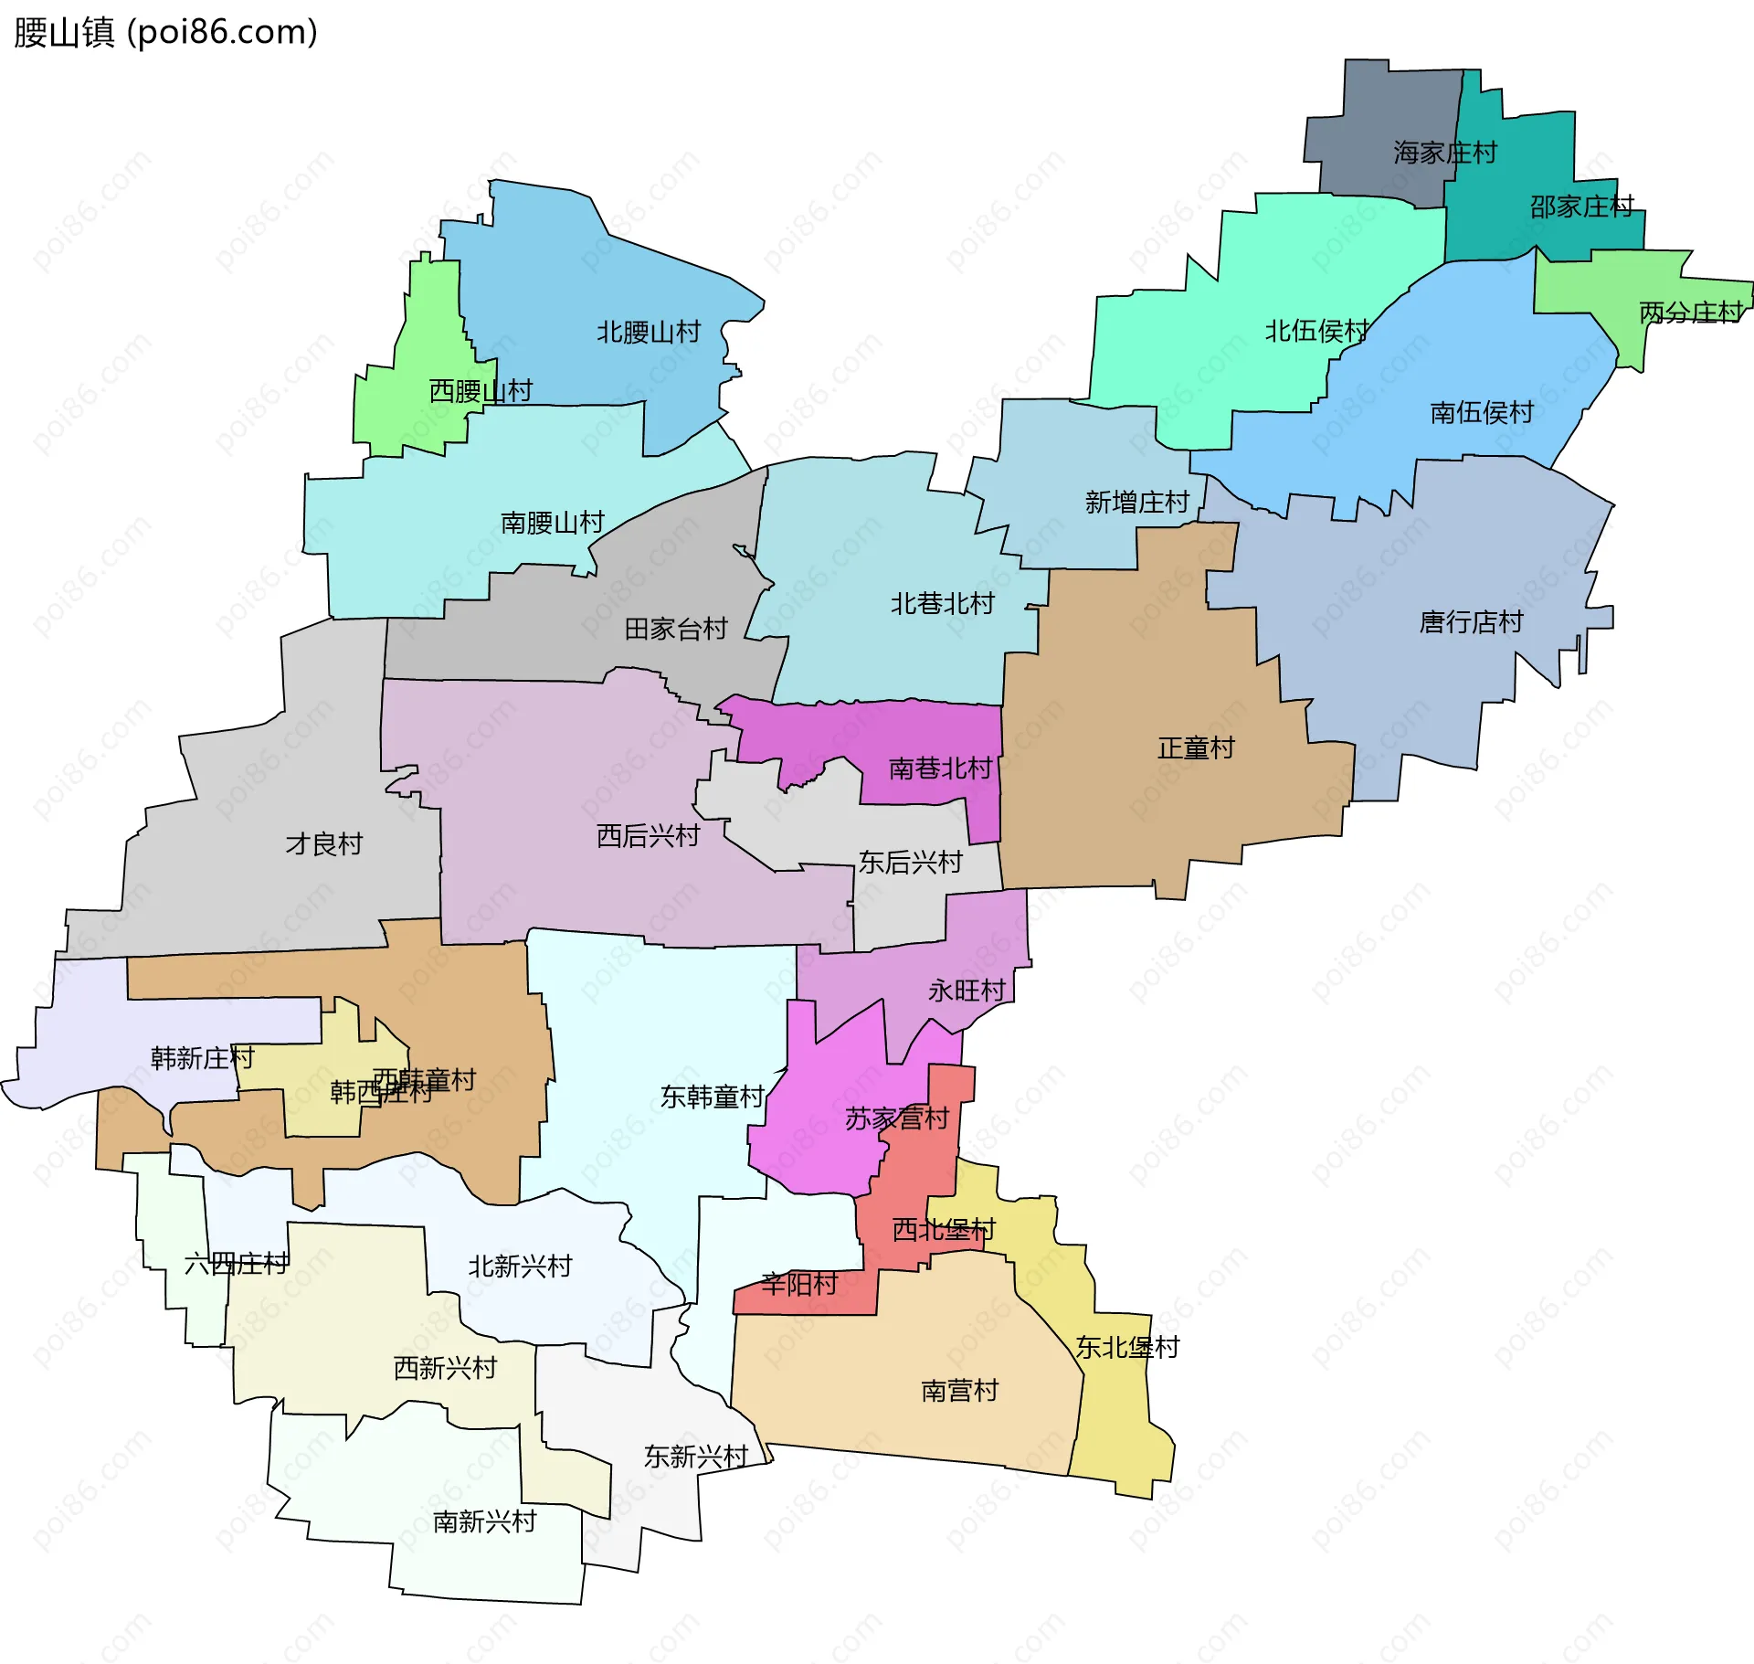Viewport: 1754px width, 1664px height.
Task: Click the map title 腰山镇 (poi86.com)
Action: (165, 32)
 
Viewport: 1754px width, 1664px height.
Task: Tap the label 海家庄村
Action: (1444, 153)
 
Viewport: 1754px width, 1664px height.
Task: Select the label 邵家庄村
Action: (1581, 207)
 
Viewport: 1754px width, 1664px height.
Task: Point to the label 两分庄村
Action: (1690, 313)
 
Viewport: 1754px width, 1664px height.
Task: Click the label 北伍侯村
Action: (1315, 331)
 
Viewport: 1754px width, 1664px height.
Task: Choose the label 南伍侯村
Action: (1481, 412)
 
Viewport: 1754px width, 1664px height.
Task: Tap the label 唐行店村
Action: (1471, 621)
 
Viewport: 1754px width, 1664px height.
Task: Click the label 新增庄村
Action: (1136, 502)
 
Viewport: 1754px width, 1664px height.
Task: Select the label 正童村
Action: (1195, 747)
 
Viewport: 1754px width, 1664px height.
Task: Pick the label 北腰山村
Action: (648, 332)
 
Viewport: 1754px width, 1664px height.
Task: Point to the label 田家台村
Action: (675, 628)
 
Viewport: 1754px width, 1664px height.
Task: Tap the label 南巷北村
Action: (939, 768)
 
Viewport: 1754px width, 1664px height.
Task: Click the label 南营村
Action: (959, 1390)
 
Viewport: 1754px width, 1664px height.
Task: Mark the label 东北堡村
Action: (1126, 1347)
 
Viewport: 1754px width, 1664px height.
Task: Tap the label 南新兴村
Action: (484, 1521)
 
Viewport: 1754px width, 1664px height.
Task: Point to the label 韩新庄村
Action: (202, 1057)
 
